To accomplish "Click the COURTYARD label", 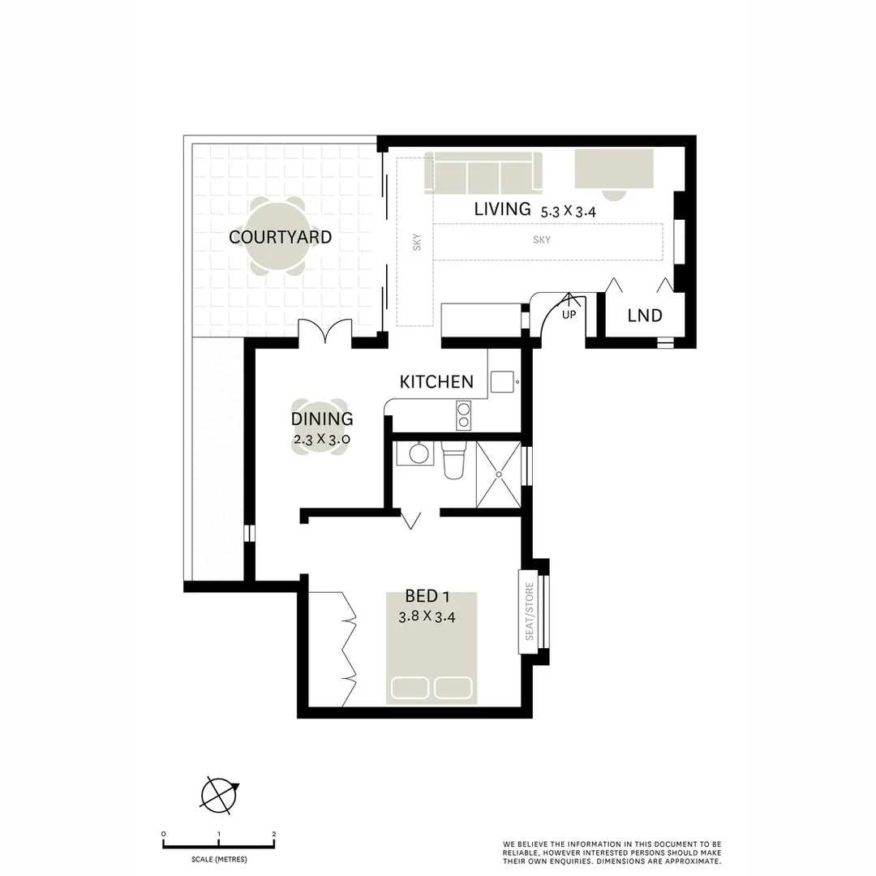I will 280,237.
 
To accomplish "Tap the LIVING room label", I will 502,208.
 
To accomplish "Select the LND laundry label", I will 645,316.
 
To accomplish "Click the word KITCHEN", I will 436,381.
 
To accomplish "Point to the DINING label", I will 322,419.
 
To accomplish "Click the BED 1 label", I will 427,597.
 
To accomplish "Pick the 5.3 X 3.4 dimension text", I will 569,211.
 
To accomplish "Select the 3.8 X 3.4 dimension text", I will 427,616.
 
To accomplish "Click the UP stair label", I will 569,314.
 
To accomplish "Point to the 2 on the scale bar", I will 274,834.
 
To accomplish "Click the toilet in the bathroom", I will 454,462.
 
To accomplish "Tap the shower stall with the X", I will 499,474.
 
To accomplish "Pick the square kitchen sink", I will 503,380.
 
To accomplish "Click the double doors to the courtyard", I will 324,333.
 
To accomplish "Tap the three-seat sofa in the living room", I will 484,172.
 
